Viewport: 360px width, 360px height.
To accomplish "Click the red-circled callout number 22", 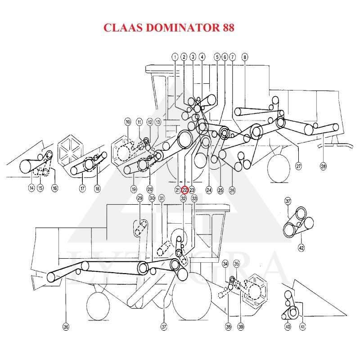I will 184,190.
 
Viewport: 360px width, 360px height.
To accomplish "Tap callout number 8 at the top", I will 245,57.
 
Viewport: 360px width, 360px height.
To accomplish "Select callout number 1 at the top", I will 175,57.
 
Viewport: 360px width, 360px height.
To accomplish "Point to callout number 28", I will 323,166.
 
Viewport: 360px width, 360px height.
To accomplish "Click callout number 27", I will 298,166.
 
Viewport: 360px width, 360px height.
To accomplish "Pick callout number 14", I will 31,188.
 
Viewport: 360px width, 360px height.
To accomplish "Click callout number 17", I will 82,189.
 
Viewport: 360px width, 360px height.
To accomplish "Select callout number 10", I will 128,122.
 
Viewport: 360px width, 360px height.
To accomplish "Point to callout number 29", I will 139,198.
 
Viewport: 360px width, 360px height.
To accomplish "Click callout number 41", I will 303,327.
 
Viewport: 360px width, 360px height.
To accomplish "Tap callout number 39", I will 241,327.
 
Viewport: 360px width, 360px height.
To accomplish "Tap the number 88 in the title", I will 228,28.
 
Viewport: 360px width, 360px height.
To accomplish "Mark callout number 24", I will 209,190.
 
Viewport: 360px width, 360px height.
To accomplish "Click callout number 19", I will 134,189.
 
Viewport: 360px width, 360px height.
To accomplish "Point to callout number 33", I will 194,198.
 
